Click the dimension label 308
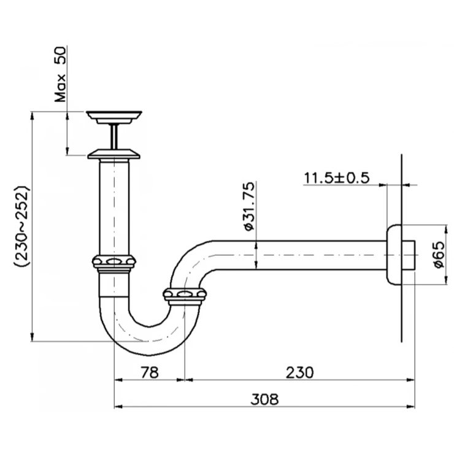(x=264, y=399)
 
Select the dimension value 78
(x=150, y=372)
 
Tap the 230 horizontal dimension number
(x=299, y=372)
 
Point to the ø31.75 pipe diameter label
(x=249, y=206)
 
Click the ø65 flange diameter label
(x=439, y=255)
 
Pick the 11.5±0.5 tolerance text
(x=337, y=178)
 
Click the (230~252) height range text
(x=21, y=227)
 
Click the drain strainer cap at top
(x=114, y=117)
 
